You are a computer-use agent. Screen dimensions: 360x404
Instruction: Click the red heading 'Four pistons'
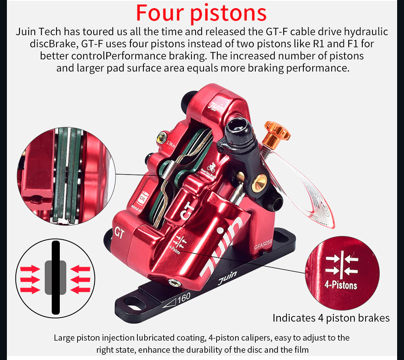(x=201, y=13)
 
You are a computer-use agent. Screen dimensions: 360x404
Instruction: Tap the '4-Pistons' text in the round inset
(x=341, y=285)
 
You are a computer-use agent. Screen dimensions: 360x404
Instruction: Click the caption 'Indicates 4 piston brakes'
(x=331, y=318)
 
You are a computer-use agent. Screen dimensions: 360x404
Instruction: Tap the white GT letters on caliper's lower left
(x=120, y=233)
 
